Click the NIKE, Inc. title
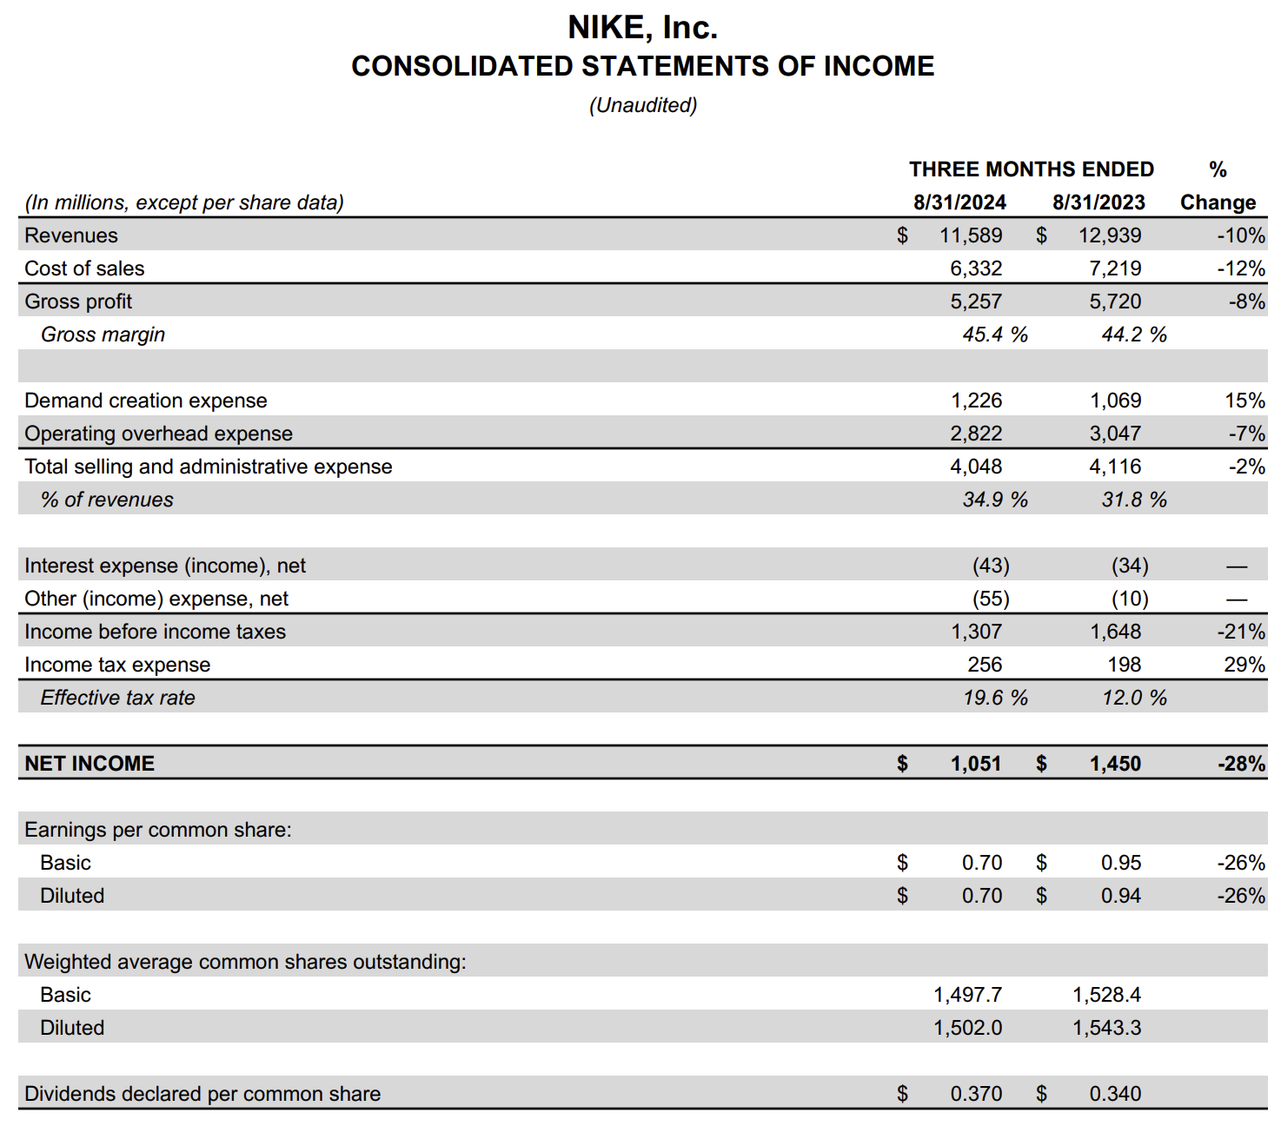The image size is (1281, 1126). coord(642,28)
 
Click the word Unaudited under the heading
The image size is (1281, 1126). coord(643,105)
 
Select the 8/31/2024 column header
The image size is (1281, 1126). coord(959,202)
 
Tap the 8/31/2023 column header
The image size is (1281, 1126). coord(1098,202)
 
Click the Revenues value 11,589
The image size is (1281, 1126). coord(971,235)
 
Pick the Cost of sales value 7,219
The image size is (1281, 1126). coord(1115,268)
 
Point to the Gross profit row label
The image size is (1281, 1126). coord(78,301)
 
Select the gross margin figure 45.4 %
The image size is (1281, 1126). coord(995,334)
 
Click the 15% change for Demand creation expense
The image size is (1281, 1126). coord(1244,401)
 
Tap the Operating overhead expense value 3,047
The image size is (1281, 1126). coord(1115,434)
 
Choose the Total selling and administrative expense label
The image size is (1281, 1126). coord(209,467)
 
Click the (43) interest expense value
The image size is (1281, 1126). coord(991,566)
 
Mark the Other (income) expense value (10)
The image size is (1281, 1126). coord(1130,599)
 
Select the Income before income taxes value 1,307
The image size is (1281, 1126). coord(976,632)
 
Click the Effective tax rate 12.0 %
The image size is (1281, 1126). coord(1134,698)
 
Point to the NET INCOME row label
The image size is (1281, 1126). coord(90,764)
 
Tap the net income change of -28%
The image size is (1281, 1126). coord(1241,764)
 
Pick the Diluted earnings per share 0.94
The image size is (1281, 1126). coord(1121,896)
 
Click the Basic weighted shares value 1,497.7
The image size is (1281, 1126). coord(967,995)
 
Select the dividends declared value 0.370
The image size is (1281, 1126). coord(976,1094)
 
